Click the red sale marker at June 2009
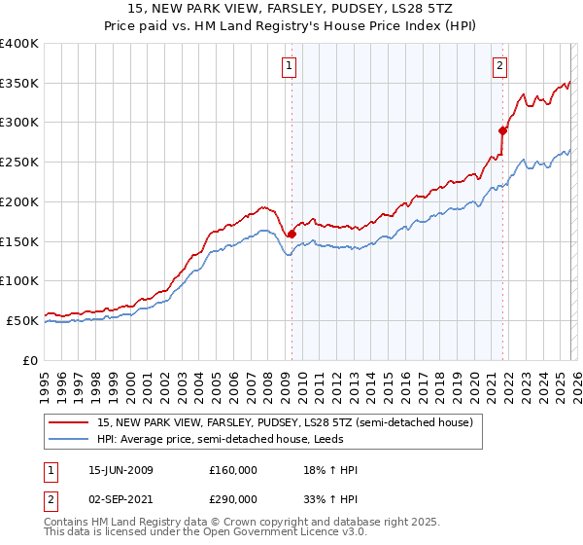(291, 234)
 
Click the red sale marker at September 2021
(502, 130)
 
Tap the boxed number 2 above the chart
(499, 66)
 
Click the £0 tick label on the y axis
(30, 360)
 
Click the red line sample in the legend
(68, 423)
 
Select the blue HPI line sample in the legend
(68, 441)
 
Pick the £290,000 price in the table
(232, 498)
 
